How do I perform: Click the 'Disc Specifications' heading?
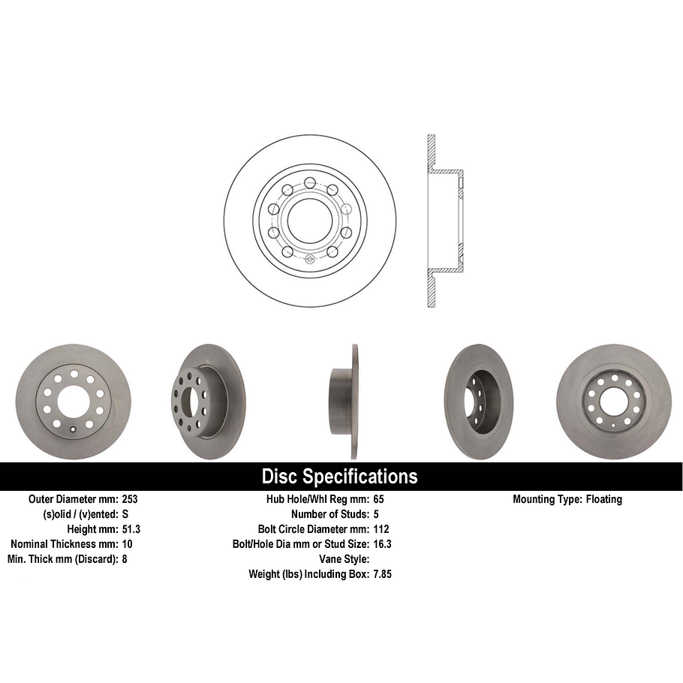(x=339, y=477)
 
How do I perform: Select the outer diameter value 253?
(x=129, y=499)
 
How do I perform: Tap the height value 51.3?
(x=131, y=529)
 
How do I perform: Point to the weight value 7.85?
(x=383, y=574)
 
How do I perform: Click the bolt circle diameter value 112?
(x=381, y=529)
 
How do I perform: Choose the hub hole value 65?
(x=378, y=499)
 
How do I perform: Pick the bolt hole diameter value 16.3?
(x=383, y=544)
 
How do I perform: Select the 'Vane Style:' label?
(x=344, y=559)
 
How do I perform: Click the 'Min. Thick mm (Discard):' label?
(x=62, y=559)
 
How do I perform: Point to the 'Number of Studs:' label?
(x=329, y=514)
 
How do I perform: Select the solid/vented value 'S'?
(x=125, y=514)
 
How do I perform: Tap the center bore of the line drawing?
(x=309, y=221)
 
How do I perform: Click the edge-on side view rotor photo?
(x=345, y=402)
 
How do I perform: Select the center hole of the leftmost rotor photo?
(x=73, y=402)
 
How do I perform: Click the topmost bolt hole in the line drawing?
(x=309, y=181)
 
